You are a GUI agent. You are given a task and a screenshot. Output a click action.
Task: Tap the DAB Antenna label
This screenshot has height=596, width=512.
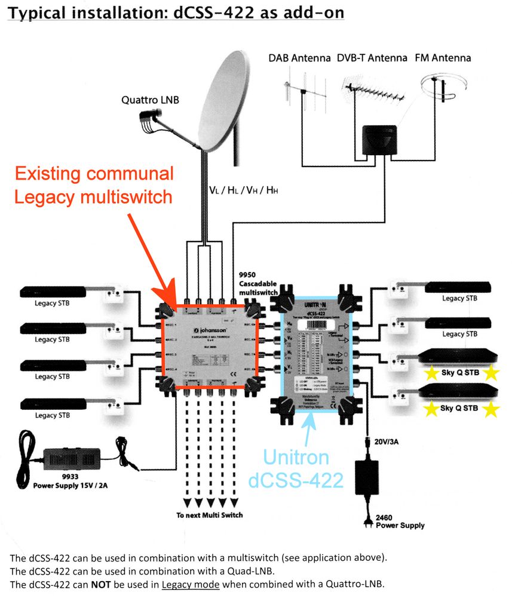(x=308, y=58)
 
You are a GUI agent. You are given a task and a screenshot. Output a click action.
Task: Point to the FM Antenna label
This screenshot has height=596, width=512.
(x=443, y=58)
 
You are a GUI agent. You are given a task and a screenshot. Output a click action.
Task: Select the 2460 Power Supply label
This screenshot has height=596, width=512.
(x=400, y=521)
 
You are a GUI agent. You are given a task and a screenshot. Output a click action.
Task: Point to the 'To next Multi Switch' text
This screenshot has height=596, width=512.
(x=209, y=515)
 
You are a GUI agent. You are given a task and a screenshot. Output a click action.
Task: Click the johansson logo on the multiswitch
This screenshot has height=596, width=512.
(x=209, y=329)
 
